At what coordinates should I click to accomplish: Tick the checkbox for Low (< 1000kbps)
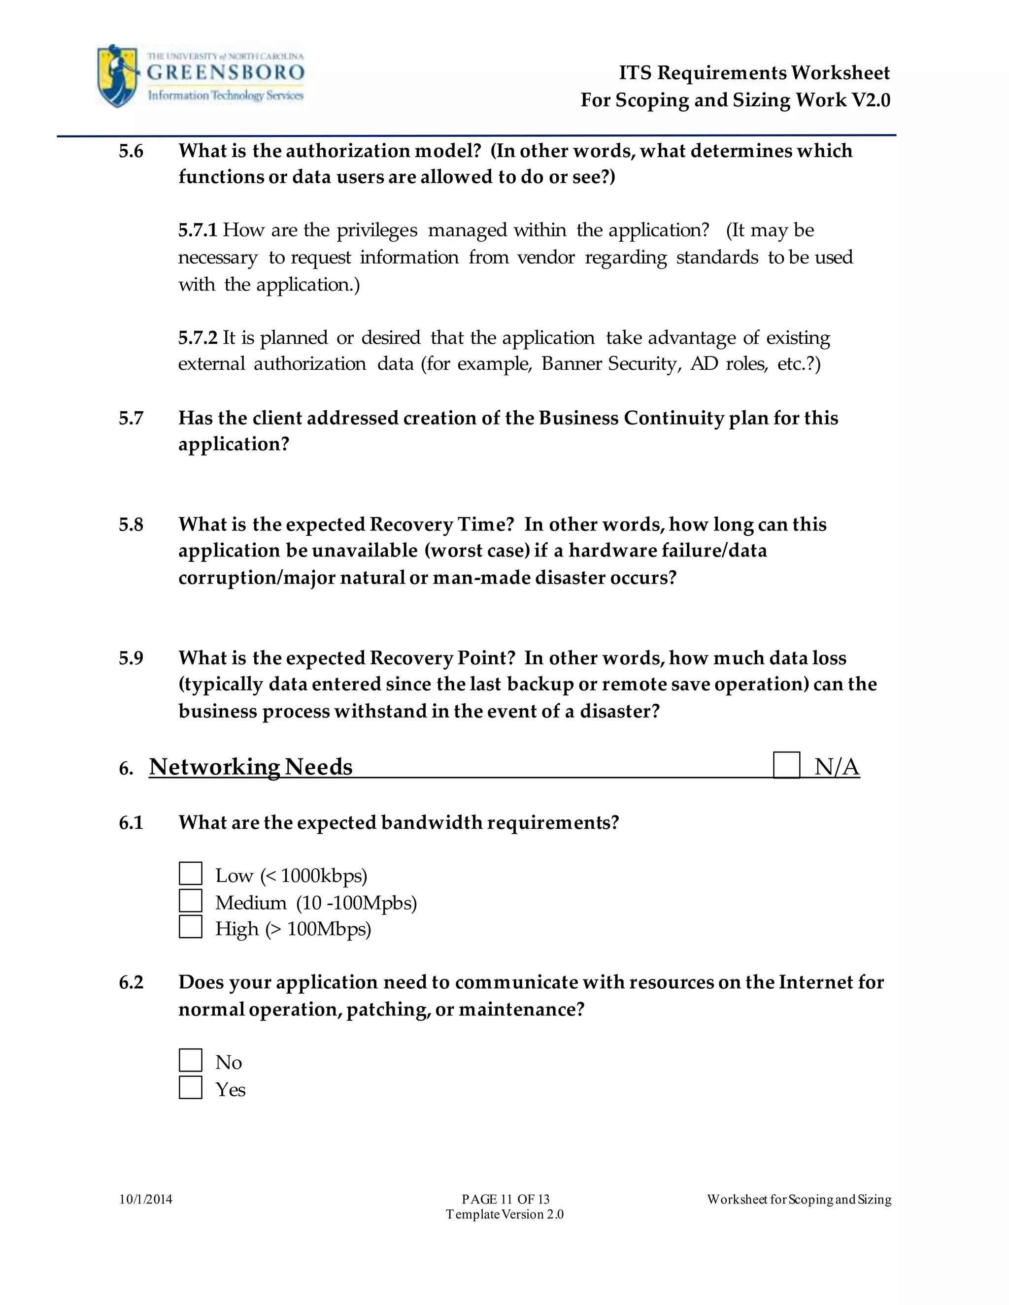click(191, 874)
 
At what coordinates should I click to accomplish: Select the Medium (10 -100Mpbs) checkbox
click(191, 901)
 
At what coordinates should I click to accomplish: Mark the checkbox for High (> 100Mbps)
click(191, 927)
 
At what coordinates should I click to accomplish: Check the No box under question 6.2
click(191, 1061)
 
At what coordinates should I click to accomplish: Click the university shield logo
click(118, 76)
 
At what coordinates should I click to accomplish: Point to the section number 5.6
click(131, 151)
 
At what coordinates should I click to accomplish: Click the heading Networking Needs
click(250, 767)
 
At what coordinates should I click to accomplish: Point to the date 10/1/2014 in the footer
click(146, 1199)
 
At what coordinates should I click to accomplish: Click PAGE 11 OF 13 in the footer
click(505, 1199)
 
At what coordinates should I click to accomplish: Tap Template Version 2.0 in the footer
click(504, 1214)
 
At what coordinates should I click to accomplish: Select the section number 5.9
click(131, 658)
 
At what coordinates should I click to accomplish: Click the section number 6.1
click(131, 823)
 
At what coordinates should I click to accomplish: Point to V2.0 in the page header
click(871, 100)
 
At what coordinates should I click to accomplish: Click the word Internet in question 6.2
click(815, 982)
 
